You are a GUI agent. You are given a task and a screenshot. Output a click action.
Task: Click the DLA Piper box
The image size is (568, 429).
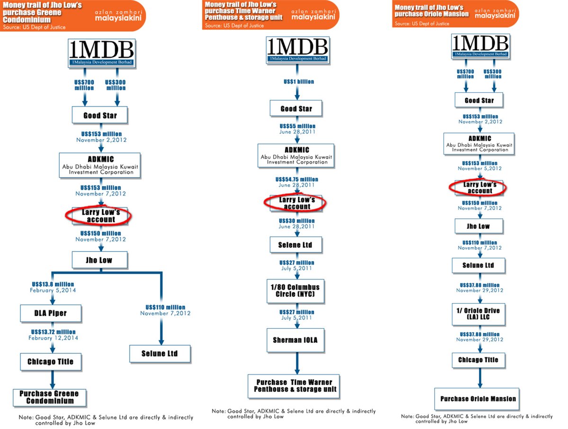click(x=51, y=313)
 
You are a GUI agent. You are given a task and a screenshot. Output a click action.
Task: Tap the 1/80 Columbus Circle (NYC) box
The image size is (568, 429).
click(x=295, y=291)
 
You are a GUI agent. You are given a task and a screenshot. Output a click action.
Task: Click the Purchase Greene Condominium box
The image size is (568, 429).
click(x=50, y=397)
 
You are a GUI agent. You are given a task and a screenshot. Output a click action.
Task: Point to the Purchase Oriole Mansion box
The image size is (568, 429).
click(x=479, y=398)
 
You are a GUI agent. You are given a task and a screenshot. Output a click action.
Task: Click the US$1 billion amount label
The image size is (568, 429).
click(x=299, y=81)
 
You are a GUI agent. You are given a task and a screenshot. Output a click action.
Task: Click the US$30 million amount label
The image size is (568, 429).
click(x=297, y=221)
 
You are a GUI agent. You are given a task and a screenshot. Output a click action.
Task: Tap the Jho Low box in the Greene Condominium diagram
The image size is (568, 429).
click(x=99, y=259)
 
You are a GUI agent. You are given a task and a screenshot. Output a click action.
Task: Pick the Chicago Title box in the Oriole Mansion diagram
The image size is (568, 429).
click(x=478, y=360)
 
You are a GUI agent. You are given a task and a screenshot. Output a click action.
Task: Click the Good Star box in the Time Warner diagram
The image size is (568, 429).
click(x=296, y=108)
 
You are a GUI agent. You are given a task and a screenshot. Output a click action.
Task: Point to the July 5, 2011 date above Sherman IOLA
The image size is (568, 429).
click(x=296, y=318)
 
